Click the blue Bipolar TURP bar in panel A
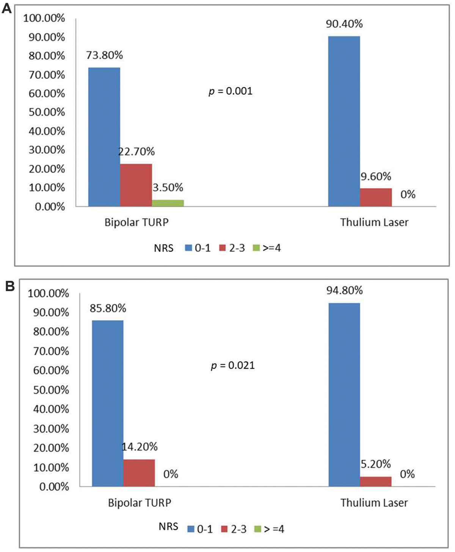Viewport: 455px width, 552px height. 104,137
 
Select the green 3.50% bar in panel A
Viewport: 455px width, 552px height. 168,203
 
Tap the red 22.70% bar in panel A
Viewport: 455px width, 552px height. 136,185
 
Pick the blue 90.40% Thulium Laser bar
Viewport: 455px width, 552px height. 344,121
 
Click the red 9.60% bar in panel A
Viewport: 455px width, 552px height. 376,197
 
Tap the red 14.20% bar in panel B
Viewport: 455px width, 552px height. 139,473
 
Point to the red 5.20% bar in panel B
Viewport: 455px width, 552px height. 376,481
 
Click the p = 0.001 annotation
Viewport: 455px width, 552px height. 231,91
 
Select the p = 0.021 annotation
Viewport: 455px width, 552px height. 233,366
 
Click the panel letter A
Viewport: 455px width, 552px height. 7,8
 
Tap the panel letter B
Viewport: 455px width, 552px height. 9,285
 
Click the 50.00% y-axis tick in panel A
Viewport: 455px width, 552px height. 47,112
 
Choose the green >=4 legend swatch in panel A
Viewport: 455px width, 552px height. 256,248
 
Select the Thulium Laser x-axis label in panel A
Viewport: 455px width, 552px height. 374,222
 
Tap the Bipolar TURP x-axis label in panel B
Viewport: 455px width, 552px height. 140,503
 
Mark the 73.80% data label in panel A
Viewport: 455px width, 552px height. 105,55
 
